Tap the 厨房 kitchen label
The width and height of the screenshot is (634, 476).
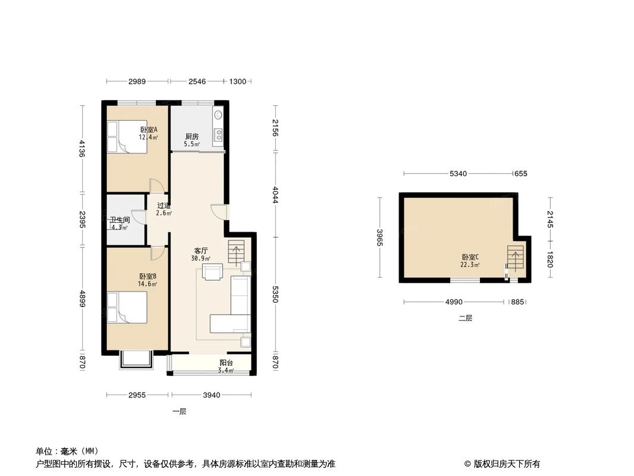coord(191,136)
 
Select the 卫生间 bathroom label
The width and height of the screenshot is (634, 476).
coord(119,220)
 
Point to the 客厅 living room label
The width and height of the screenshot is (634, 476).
coord(200,250)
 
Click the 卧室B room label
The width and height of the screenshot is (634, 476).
coord(147,276)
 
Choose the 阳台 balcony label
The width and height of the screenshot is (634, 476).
coord(225,363)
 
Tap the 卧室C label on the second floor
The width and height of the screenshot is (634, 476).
coord(470,257)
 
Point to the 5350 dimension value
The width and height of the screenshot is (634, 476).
coord(274,294)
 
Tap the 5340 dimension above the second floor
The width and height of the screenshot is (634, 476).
coord(457,174)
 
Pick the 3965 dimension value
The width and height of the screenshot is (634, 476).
coord(379,237)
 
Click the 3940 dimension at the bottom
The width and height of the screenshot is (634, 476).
coord(211,394)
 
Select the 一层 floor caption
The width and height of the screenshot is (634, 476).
coord(179,411)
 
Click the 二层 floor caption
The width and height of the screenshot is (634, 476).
coord(465,318)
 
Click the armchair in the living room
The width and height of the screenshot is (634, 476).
coord(212,272)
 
